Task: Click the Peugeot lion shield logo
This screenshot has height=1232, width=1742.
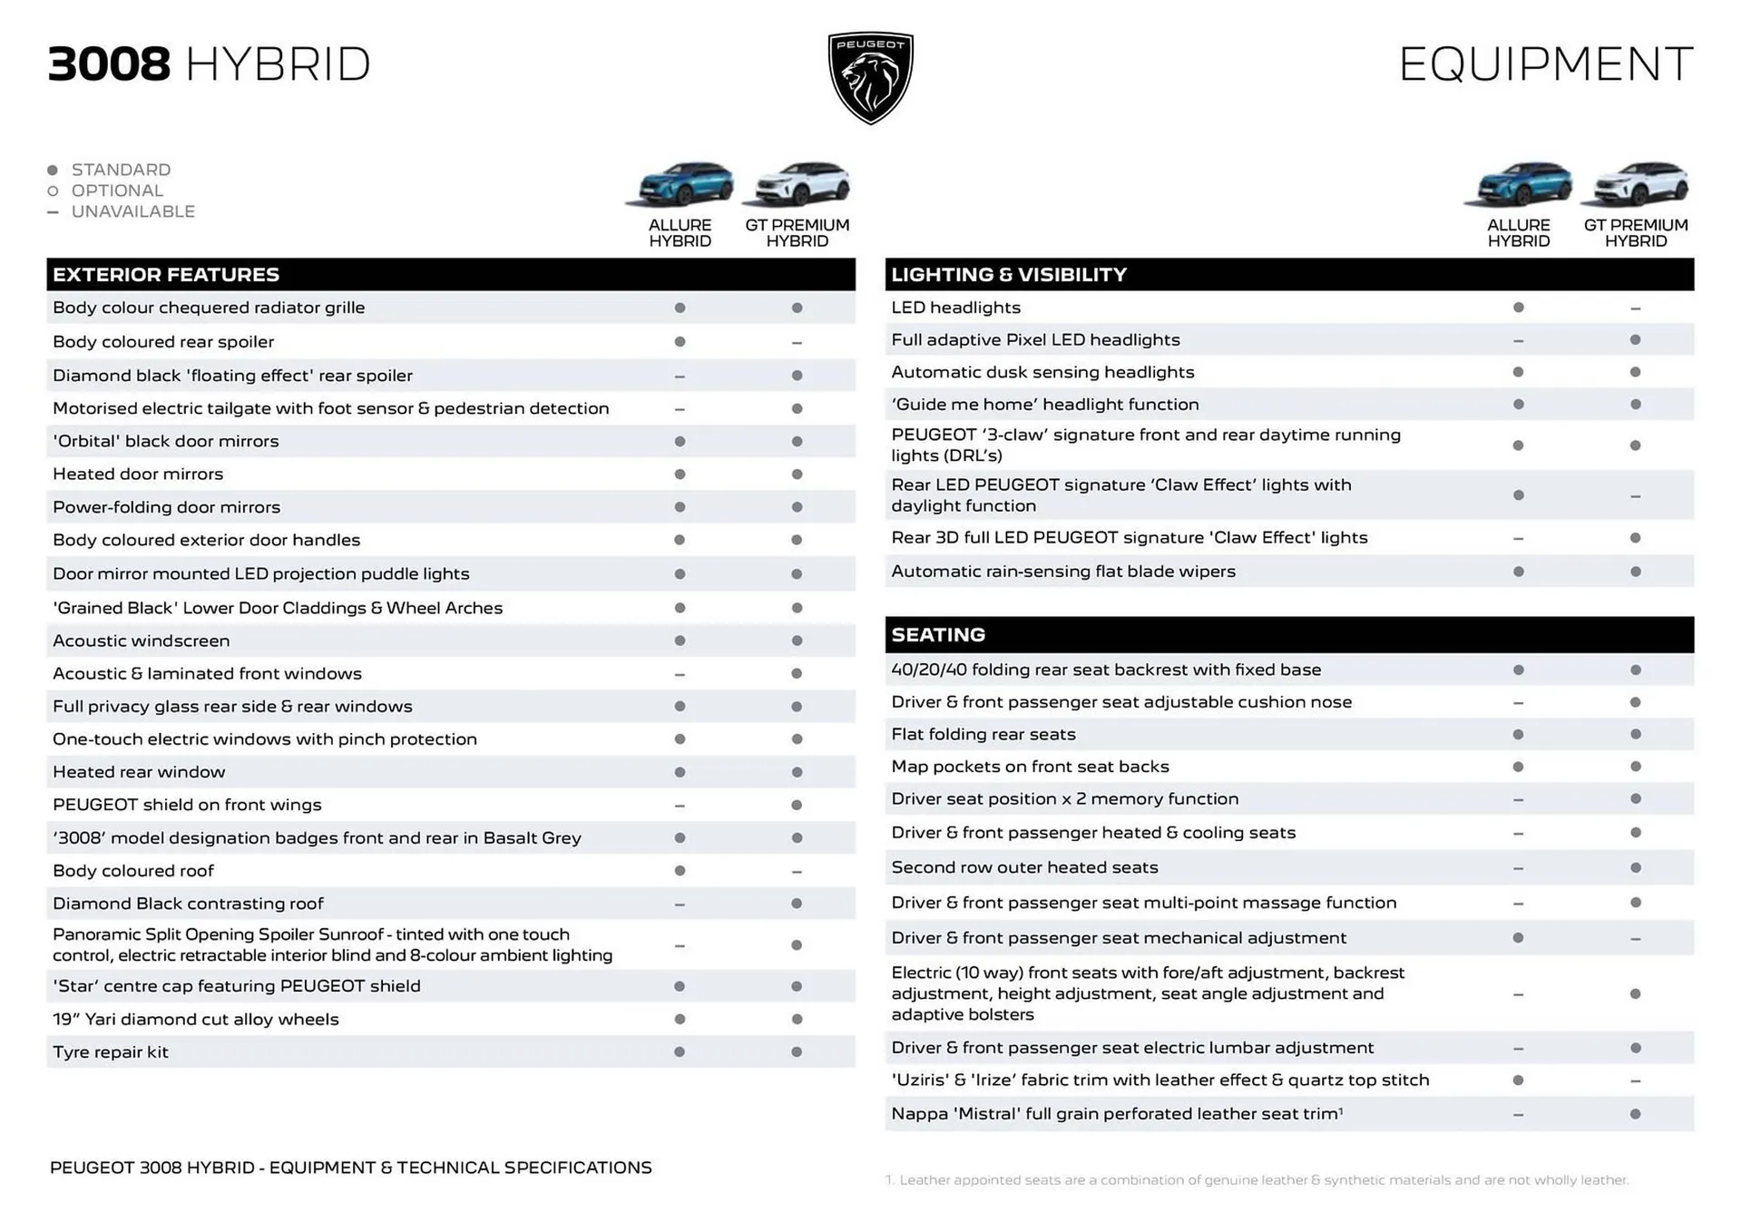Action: pyautogui.click(x=870, y=78)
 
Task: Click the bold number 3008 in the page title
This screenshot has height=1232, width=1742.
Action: pyautogui.click(x=109, y=64)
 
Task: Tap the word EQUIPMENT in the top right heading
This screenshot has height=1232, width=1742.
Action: pyautogui.click(x=1545, y=64)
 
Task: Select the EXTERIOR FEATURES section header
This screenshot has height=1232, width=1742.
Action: pyautogui.click(x=166, y=275)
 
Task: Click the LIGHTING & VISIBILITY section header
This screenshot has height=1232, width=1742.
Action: pyautogui.click(x=1008, y=275)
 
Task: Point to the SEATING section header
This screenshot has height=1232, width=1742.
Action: pyautogui.click(x=938, y=635)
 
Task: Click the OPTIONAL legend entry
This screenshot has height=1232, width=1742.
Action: pyautogui.click(x=117, y=191)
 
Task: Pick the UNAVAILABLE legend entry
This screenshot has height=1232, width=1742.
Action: pyautogui.click(x=132, y=211)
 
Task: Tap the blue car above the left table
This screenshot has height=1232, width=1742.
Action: pyautogui.click(x=680, y=183)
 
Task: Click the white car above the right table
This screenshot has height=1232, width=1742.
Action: pyautogui.click(x=1635, y=183)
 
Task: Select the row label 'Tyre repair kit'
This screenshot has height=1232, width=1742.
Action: pyautogui.click(x=111, y=1052)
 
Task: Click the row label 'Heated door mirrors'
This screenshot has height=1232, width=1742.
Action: pyautogui.click(x=138, y=474)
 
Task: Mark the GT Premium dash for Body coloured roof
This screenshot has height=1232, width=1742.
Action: pyautogui.click(x=797, y=872)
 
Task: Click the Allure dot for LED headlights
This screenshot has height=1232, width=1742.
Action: pyautogui.click(x=1518, y=308)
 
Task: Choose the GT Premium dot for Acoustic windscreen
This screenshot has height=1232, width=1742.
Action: pyautogui.click(x=797, y=641)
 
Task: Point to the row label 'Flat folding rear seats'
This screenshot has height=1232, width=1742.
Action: pyautogui.click(x=984, y=735)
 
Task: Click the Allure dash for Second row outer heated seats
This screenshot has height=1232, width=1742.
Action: pyautogui.click(x=1518, y=868)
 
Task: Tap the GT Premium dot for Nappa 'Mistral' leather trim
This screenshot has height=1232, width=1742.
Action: pyautogui.click(x=1635, y=1114)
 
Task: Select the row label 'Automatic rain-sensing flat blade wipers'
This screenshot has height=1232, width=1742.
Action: pyautogui.click(x=1063, y=572)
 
